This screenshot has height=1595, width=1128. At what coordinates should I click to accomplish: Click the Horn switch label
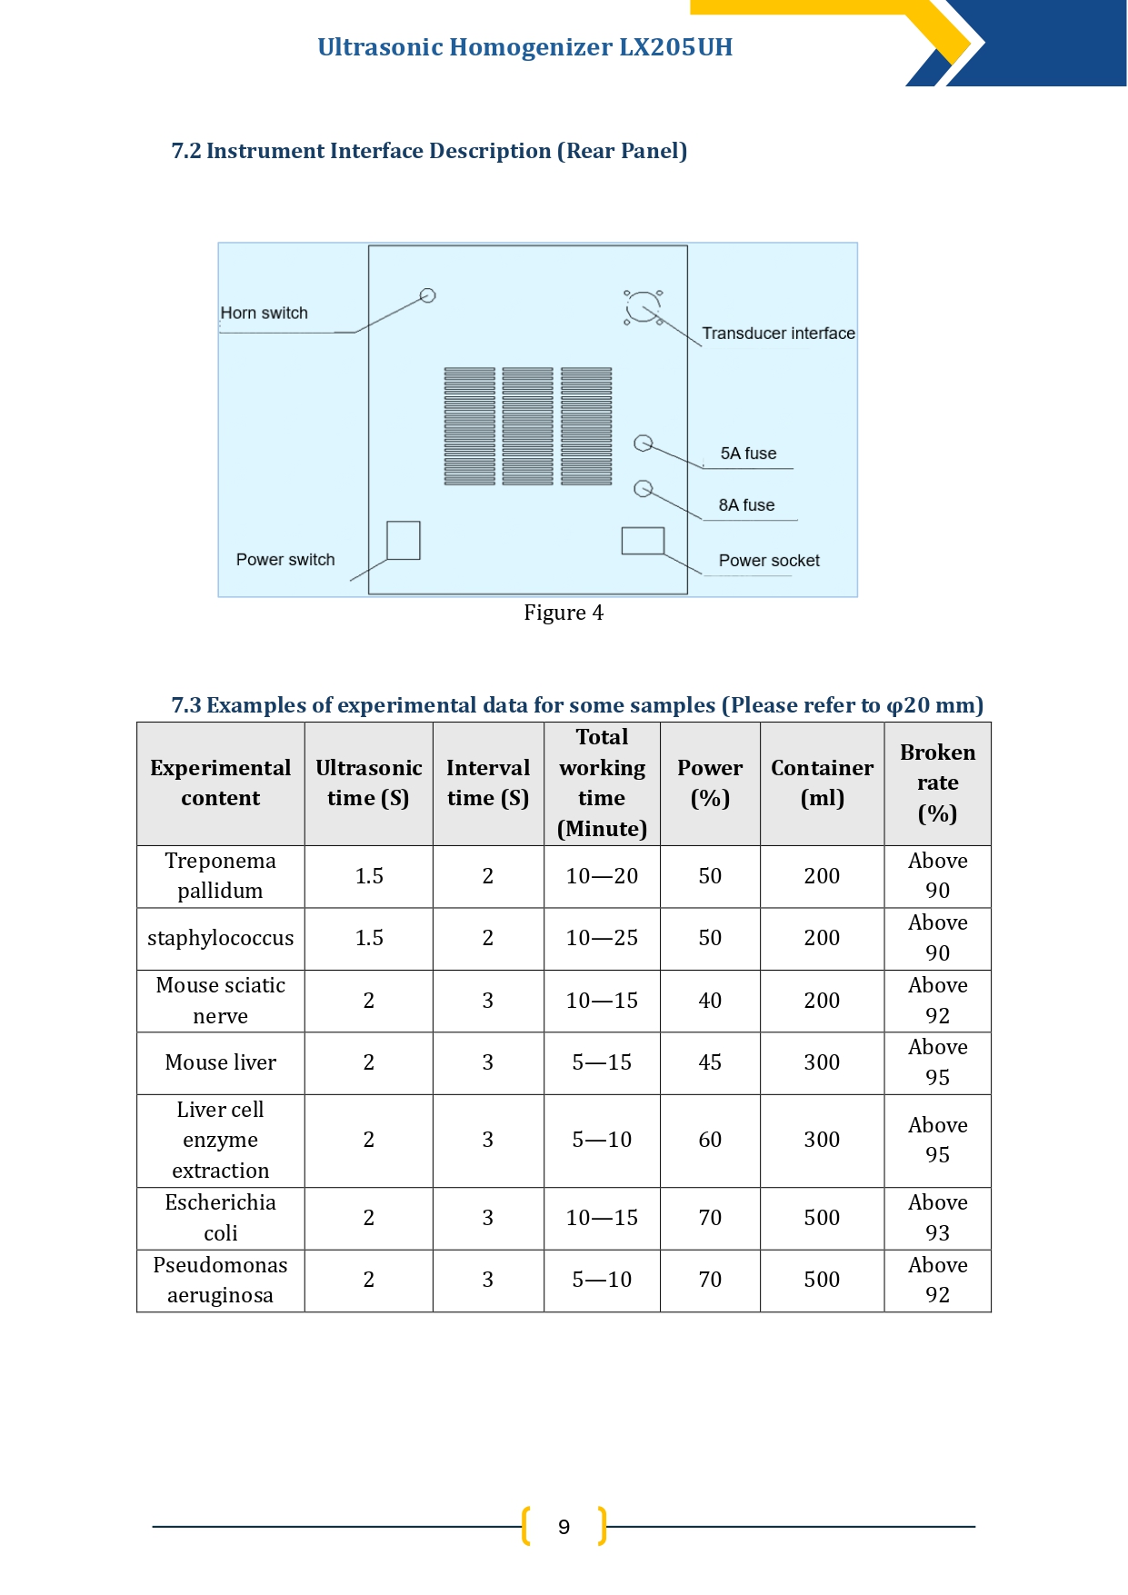point(265,313)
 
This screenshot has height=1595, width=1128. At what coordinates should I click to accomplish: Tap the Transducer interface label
point(778,334)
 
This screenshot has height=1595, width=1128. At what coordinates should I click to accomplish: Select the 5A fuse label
point(749,454)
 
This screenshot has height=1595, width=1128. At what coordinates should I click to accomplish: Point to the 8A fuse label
point(747,505)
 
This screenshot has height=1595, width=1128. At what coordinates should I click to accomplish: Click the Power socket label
point(769,561)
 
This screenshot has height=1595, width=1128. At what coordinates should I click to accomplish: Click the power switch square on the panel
point(404,541)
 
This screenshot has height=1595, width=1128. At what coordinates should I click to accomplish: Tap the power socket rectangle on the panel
point(643,541)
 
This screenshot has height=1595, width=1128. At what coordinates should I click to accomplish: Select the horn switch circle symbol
point(428,295)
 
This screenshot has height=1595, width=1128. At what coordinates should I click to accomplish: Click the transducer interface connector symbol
point(644,307)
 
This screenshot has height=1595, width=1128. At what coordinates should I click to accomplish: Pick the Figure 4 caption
point(564,613)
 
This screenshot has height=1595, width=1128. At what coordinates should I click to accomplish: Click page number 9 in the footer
point(564,1527)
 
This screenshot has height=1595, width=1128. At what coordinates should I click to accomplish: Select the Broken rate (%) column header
point(938,783)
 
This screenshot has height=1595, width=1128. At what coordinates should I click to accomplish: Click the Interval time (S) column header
point(488,783)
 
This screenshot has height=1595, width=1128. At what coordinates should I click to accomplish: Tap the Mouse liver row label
point(221,1062)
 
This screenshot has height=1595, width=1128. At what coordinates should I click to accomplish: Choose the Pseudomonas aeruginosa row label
point(221,1280)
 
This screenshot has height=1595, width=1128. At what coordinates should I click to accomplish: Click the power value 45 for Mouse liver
point(710,1062)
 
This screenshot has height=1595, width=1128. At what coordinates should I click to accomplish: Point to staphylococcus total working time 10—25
point(602,938)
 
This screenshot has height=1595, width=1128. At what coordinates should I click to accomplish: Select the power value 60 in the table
point(710,1140)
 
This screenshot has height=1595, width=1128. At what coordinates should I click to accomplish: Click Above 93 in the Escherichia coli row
point(938,1218)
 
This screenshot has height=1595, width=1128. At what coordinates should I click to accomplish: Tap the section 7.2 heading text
point(429,151)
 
